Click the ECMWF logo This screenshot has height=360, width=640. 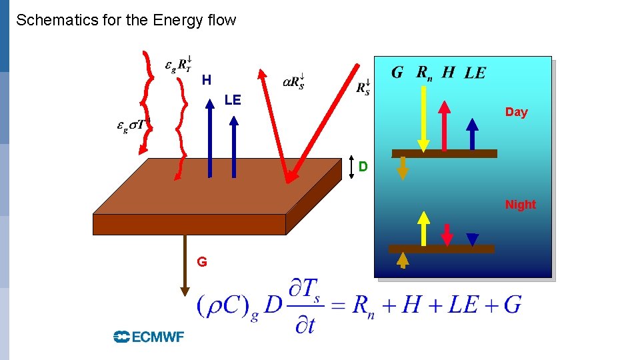149,337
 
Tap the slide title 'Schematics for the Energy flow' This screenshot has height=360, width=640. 126,20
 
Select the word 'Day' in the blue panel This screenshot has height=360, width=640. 516,112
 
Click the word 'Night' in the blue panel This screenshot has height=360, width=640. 520,205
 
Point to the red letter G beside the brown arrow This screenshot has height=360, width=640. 202,262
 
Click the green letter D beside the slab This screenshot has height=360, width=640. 363,166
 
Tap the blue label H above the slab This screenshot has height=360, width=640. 207,81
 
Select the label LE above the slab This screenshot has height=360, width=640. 233,101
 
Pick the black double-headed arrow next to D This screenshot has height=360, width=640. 352,167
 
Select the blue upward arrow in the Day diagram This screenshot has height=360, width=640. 472,133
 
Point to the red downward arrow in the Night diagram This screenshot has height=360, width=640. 447,234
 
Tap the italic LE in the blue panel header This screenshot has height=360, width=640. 475,73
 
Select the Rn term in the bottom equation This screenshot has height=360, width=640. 363,307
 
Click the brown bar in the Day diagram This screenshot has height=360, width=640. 445,153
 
